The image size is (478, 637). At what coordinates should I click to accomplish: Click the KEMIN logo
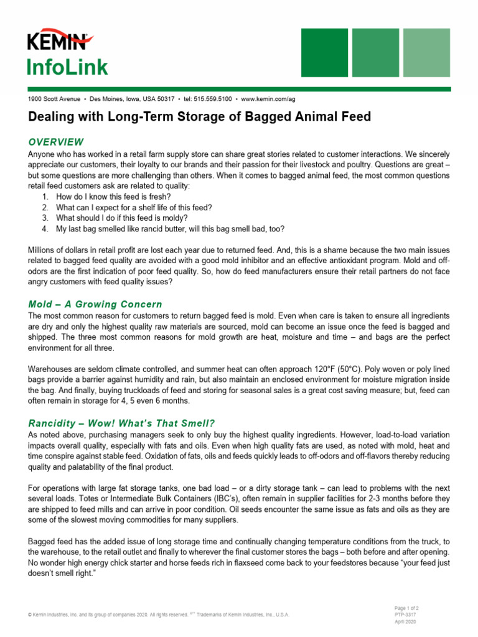click(x=60, y=42)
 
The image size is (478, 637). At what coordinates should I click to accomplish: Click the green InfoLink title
click(x=67, y=67)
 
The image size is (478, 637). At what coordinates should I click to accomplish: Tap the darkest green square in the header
click(x=324, y=52)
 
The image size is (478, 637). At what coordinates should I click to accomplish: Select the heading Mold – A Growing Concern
click(x=95, y=304)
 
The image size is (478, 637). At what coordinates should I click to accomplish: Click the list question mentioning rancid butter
click(x=170, y=228)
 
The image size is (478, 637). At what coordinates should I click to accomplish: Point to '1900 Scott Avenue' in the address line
click(x=54, y=99)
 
